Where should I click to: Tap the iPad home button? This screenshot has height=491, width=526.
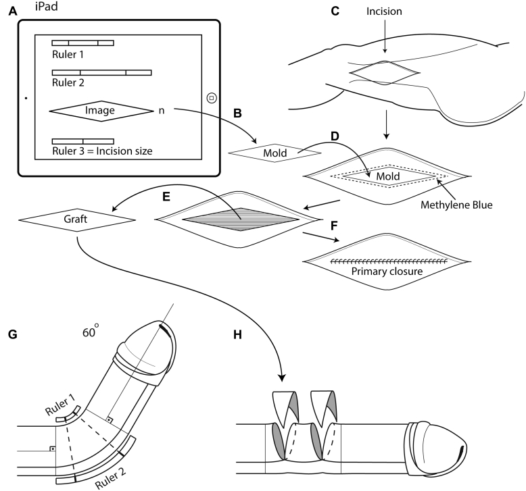click(211, 98)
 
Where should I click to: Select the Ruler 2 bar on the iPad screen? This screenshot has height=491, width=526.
click(101, 72)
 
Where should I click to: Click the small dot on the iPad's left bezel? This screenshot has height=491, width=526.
click(25, 98)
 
